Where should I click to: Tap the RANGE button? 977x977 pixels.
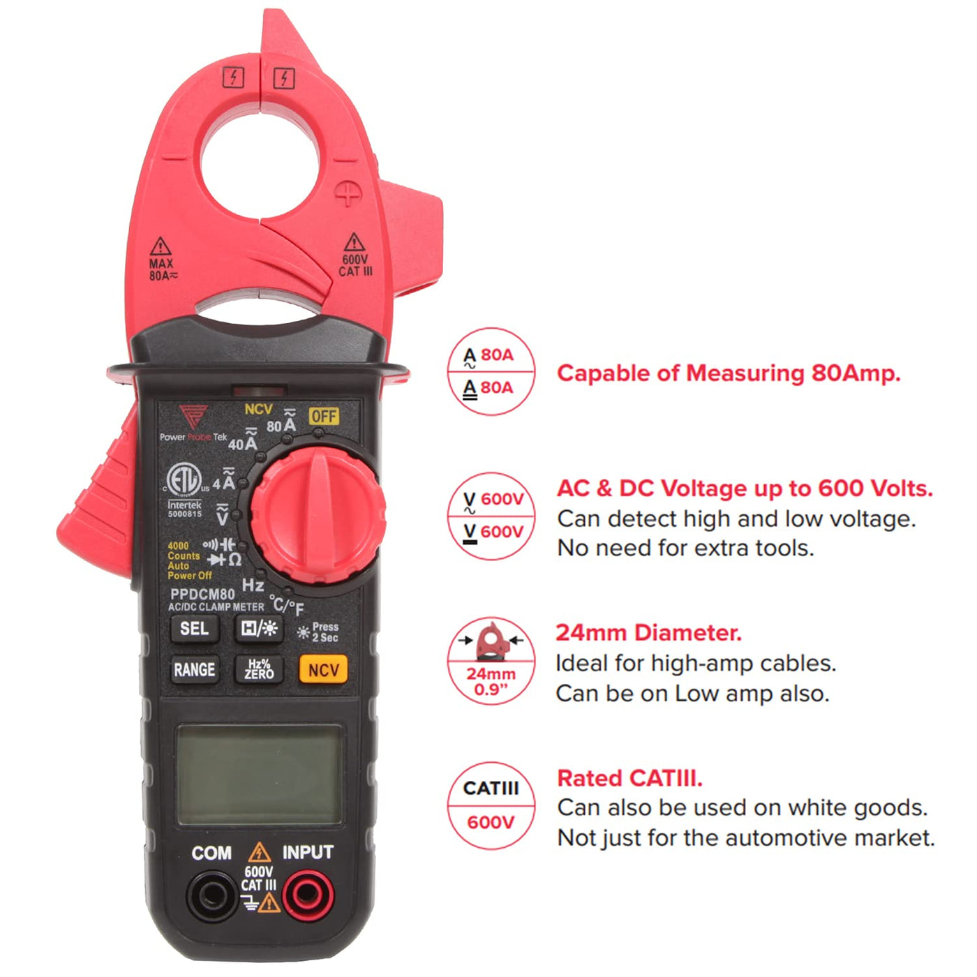click(195, 670)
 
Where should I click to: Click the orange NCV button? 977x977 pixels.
click(324, 669)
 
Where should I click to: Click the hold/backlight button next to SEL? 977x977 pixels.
click(259, 629)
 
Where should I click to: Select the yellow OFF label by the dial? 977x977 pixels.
click(324, 417)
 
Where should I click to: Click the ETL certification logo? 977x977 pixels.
click(184, 480)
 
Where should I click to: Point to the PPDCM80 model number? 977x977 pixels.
click(202, 594)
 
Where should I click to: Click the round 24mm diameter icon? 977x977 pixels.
click(491, 661)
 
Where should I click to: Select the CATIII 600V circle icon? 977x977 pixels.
click(491, 805)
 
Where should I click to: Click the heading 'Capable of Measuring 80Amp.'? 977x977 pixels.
click(729, 373)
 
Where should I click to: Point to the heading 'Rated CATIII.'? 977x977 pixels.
click(629, 778)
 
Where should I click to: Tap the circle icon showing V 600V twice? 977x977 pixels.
click(491, 516)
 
